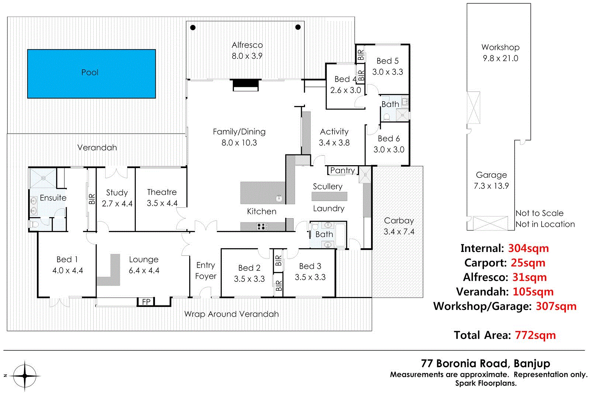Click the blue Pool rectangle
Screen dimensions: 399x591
point(91,74)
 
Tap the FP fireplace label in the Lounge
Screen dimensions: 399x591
point(146,302)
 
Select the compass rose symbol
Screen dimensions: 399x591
point(25,376)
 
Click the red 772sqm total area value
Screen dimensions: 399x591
point(535,335)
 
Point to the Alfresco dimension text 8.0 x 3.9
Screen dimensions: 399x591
point(247,56)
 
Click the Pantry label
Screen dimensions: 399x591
point(342,170)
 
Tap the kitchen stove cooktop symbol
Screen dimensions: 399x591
point(262,226)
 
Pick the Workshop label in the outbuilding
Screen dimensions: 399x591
point(500,47)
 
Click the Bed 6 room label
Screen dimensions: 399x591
point(388,139)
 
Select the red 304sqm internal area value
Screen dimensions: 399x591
point(528,248)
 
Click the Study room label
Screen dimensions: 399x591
point(117,192)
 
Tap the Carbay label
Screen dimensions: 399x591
point(399,221)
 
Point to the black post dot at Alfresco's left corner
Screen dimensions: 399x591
point(193,28)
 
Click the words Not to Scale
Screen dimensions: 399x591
point(539,213)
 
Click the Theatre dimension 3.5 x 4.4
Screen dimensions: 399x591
point(162,203)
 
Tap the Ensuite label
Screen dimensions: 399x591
point(53,198)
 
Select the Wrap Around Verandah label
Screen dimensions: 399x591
point(231,314)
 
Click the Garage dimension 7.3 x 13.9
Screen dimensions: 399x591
point(491,186)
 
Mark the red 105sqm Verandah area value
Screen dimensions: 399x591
point(533,291)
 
